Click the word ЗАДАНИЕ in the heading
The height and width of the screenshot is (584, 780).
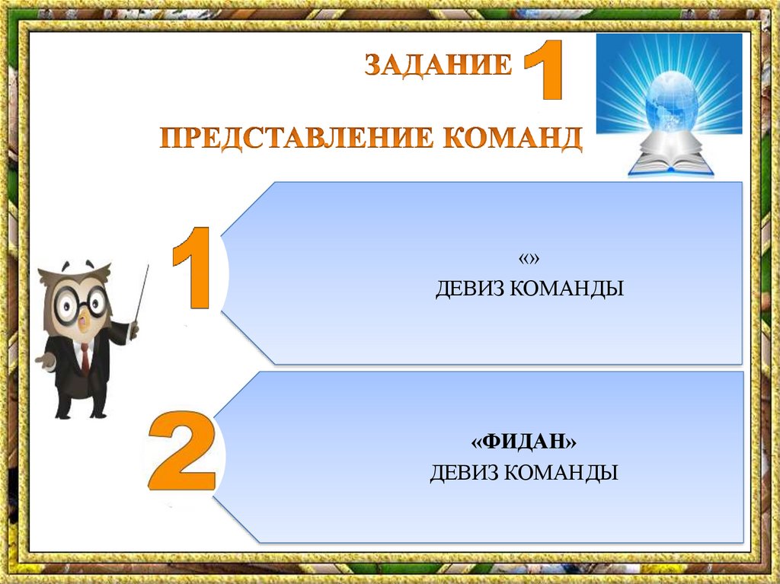[x=438, y=65]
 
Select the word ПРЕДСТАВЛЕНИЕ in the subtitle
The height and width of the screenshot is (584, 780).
[x=296, y=139]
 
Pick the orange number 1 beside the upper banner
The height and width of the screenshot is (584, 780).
[x=191, y=268]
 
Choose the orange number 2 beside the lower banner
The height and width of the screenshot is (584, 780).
[x=182, y=451]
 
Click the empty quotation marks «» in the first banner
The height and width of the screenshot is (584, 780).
[x=529, y=259]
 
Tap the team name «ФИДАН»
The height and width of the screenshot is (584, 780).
[x=524, y=441]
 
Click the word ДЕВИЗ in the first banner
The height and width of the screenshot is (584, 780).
[x=470, y=289]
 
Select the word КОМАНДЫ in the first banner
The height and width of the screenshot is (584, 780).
[x=567, y=289]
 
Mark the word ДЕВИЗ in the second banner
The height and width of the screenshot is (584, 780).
[x=465, y=472]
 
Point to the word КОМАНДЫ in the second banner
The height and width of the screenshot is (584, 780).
[x=561, y=472]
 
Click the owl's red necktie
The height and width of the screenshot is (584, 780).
[x=85, y=358]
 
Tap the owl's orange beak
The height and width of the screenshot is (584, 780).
[x=84, y=323]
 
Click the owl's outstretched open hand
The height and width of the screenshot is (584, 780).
[x=44, y=360]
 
